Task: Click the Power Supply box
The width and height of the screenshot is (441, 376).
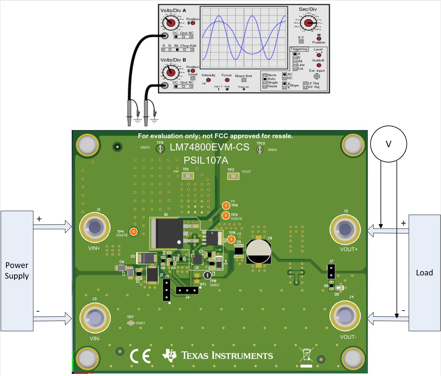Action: click(17, 271)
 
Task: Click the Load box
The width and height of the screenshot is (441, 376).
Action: click(424, 273)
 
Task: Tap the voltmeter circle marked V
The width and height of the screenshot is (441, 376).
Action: click(388, 144)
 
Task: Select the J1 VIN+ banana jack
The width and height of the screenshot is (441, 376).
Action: click(95, 227)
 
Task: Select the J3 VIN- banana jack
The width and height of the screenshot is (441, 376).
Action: click(95, 317)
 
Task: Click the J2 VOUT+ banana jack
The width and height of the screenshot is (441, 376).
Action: click(345, 229)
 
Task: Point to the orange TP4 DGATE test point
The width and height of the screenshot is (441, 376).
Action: click(133, 232)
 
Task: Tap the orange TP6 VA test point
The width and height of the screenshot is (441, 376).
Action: click(226, 205)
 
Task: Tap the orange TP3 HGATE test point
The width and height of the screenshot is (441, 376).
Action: click(226, 215)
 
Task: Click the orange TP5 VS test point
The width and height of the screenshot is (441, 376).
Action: click(232, 239)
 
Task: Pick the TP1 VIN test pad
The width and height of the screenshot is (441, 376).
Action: click(187, 176)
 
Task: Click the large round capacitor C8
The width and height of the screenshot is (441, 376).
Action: click(258, 251)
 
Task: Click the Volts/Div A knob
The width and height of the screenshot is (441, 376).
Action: click(171, 23)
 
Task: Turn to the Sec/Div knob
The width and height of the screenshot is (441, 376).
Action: click(308, 23)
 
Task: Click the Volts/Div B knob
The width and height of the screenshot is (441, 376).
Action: click(171, 72)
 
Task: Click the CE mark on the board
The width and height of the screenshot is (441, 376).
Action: click(140, 356)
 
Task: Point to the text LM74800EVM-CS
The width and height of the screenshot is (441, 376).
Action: click(209, 147)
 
